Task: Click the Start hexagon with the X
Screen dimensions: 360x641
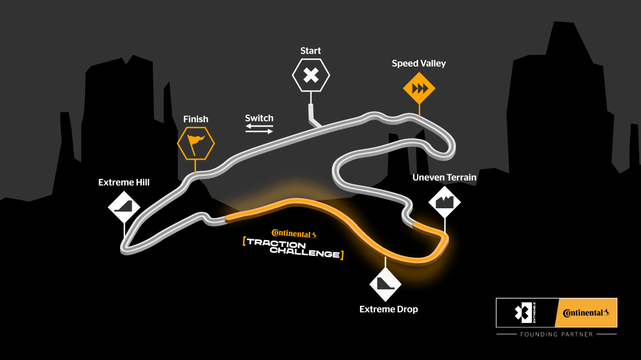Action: click(x=311, y=76)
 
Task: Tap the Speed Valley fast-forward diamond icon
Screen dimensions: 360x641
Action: click(x=419, y=89)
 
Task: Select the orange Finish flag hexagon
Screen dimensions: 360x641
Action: click(x=196, y=143)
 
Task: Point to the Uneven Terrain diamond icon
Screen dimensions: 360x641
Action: click(x=444, y=202)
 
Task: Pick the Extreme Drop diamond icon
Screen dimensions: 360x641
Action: click(x=385, y=284)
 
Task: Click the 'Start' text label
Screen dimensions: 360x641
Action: click(x=310, y=51)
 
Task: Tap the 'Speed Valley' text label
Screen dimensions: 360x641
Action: click(x=419, y=64)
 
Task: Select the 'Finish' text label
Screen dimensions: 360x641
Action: click(x=196, y=119)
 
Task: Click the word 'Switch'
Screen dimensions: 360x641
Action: click(x=259, y=118)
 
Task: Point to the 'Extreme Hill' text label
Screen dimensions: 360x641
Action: click(x=124, y=182)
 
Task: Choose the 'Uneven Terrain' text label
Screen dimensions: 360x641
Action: click(x=444, y=177)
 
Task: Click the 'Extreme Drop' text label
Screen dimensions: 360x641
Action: click(x=389, y=309)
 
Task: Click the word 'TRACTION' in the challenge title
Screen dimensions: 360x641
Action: click(x=276, y=243)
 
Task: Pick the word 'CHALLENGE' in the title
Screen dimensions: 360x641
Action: click(x=305, y=253)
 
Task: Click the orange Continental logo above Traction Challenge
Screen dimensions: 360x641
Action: click(x=294, y=233)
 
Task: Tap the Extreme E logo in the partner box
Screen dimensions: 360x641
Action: click(x=525, y=313)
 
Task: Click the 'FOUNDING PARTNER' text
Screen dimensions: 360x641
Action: click(x=556, y=334)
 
